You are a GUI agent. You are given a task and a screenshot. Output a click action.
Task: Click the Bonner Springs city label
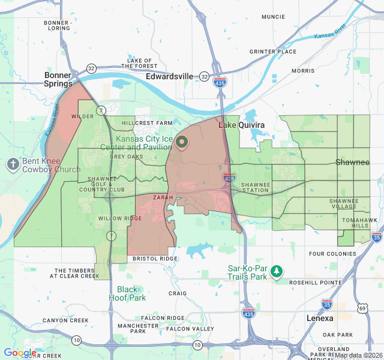tap(58, 80)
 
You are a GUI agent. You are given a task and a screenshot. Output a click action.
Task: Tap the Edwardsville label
tap(170, 76)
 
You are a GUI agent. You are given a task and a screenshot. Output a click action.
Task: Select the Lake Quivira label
tap(241, 125)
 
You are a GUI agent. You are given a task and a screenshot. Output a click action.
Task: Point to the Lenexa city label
tap(319, 318)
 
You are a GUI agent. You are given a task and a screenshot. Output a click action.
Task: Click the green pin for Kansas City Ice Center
tap(182, 142)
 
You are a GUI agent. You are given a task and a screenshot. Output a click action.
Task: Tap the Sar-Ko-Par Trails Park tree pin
tap(277, 272)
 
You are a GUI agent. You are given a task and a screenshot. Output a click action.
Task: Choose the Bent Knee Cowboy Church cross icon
tap(13, 164)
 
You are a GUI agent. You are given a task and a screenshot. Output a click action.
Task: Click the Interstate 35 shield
tap(327, 304)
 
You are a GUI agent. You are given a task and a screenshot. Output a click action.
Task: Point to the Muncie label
tap(273, 34)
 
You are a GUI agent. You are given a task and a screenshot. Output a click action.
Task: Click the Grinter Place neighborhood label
tap(273, 52)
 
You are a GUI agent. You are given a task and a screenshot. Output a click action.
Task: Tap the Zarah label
tap(163, 197)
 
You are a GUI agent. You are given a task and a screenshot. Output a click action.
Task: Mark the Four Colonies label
tap(333, 254)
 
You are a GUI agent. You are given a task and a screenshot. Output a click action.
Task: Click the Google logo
tap(19, 353)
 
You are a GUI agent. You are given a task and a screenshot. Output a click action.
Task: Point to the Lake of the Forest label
tap(142, 63)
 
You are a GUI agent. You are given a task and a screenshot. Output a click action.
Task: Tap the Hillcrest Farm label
tap(146, 122)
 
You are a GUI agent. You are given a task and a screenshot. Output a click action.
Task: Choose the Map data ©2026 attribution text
tap(358, 355)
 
